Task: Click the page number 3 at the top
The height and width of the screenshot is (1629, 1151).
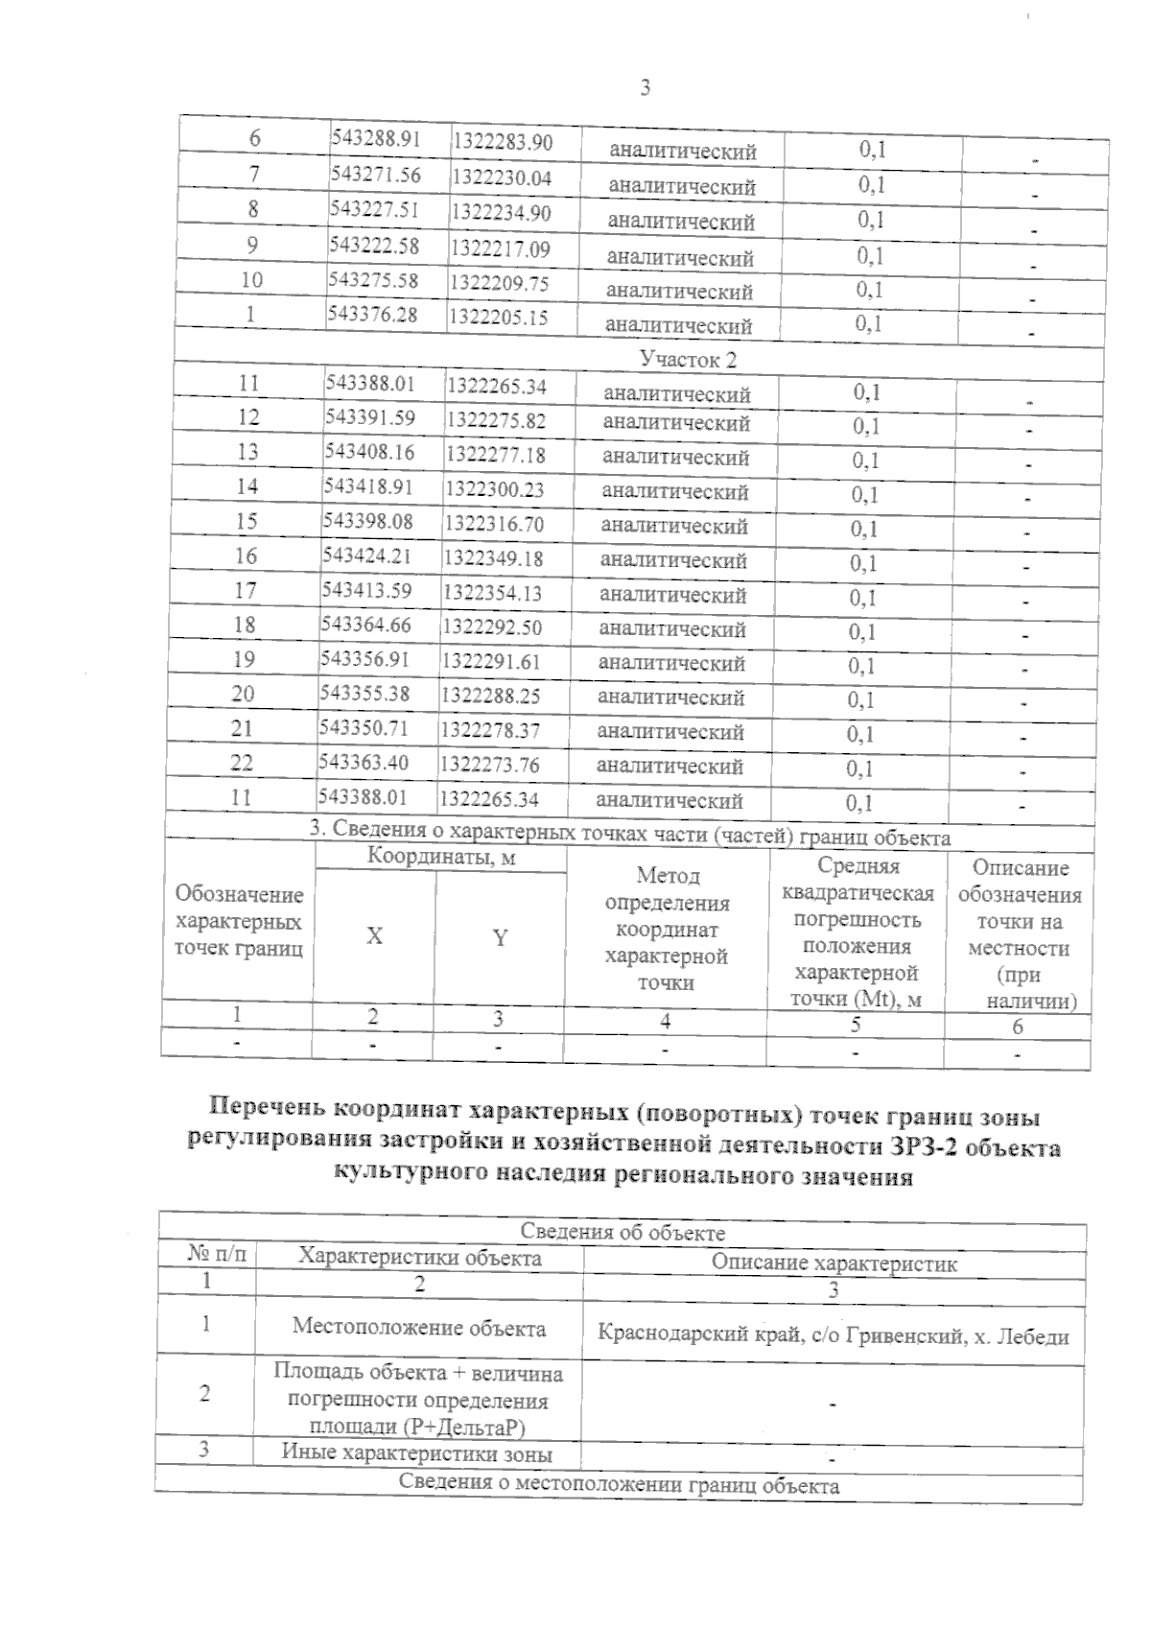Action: click(x=645, y=88)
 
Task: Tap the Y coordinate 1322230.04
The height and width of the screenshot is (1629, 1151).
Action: click(x=502, y=177)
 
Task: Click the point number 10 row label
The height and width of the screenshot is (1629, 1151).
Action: click(x=252, y=280)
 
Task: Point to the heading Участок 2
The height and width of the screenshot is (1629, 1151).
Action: click(x=681, y=359)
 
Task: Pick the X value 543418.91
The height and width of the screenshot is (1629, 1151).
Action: click(x=368, y=486)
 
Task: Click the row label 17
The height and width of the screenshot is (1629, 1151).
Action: click(x=246, y=590)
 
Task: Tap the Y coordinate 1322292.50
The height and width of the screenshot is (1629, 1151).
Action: click(x=491, y=626)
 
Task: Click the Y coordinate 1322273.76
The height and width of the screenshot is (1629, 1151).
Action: click(x=488, y=765)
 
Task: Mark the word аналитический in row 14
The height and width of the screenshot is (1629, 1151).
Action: click(x=674, y=491)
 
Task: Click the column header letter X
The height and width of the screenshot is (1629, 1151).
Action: click(x=374, y=936)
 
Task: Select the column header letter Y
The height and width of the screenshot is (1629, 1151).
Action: click(x=500, y=938)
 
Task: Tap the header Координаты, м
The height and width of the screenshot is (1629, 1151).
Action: click(x=441, y=858)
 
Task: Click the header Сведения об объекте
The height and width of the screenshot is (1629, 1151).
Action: click(x=622, y=1232)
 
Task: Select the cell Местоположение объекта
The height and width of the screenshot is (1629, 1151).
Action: click(x=419, y=1328)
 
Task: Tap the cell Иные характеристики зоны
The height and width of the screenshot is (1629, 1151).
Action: click(x=417, y=1452)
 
